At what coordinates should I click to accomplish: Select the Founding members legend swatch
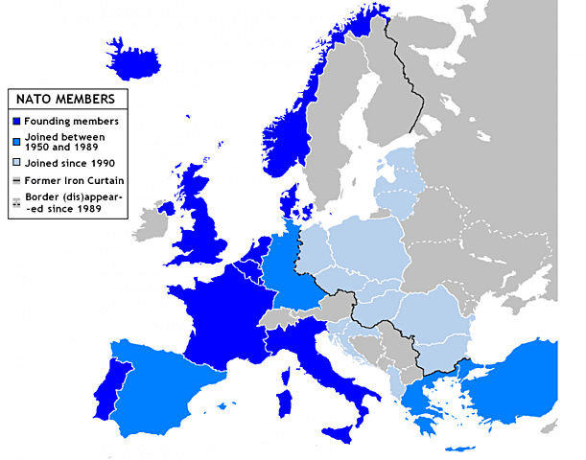16,121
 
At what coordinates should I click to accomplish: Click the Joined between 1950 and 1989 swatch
16,140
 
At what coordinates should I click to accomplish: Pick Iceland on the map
144,63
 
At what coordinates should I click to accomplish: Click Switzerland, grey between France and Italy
281,315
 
